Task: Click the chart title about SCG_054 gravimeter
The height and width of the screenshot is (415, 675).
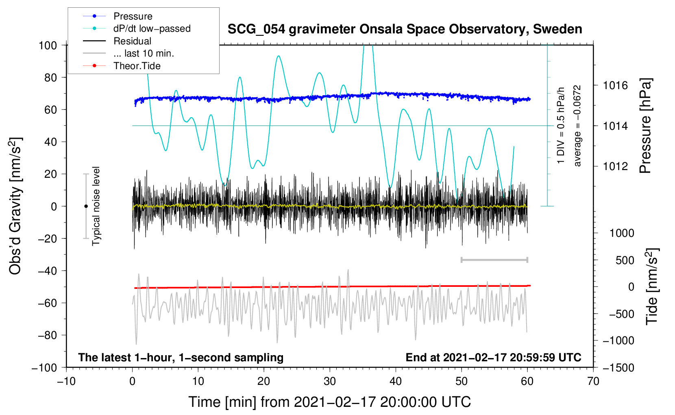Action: (405, 29)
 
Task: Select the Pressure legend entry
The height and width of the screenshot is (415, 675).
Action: (133, 16)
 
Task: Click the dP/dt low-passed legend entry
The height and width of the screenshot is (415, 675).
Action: (152, 28)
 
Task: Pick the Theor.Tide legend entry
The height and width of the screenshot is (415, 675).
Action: (137, 66)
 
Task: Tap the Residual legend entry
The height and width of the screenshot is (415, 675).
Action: (132, 41)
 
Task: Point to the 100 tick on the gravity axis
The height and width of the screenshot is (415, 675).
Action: (48, 45)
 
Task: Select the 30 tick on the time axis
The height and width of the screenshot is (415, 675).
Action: (330, 381)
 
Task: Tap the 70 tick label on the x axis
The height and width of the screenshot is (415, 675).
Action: (593, 381)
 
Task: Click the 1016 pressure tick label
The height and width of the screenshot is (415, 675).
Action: (615, 85)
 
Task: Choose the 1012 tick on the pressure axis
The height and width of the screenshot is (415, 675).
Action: (615, 166)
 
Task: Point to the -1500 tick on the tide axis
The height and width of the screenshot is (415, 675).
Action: (618, 367)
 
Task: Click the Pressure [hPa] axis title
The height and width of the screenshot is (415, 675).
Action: (646, 126)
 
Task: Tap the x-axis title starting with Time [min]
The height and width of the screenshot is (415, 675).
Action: (329, 402)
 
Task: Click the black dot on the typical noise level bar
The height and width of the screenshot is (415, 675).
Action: (86, 206)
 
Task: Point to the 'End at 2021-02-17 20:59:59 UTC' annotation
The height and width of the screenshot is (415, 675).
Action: (493, 357)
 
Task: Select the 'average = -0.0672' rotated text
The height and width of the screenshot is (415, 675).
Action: (577, 126)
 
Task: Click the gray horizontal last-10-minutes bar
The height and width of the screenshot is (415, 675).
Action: (494, 260)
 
